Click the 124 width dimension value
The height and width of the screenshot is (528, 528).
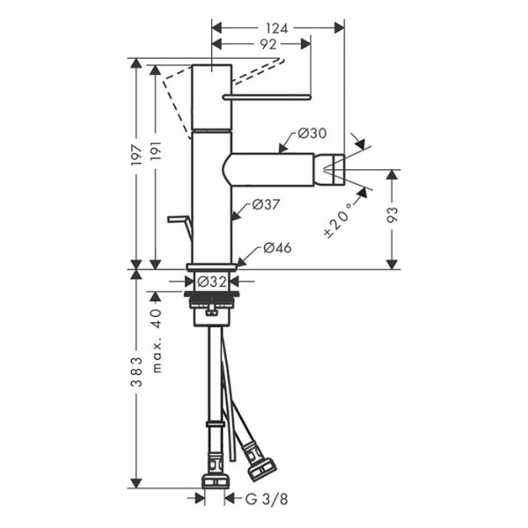click(277, 29)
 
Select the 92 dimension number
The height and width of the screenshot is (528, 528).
click(268, 45)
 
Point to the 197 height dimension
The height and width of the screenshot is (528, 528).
click(136, 155)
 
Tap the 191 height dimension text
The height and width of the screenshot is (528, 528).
click(156, 150)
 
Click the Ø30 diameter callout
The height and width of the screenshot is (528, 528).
click(312, 134)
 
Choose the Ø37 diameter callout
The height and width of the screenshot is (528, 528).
click(266, 204)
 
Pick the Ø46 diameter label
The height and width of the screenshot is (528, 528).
click(277, 248)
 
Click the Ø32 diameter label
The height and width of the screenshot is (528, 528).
click(212, 282)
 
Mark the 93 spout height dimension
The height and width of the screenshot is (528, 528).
click(392, 215)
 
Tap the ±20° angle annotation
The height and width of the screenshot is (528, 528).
click(338, 221)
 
